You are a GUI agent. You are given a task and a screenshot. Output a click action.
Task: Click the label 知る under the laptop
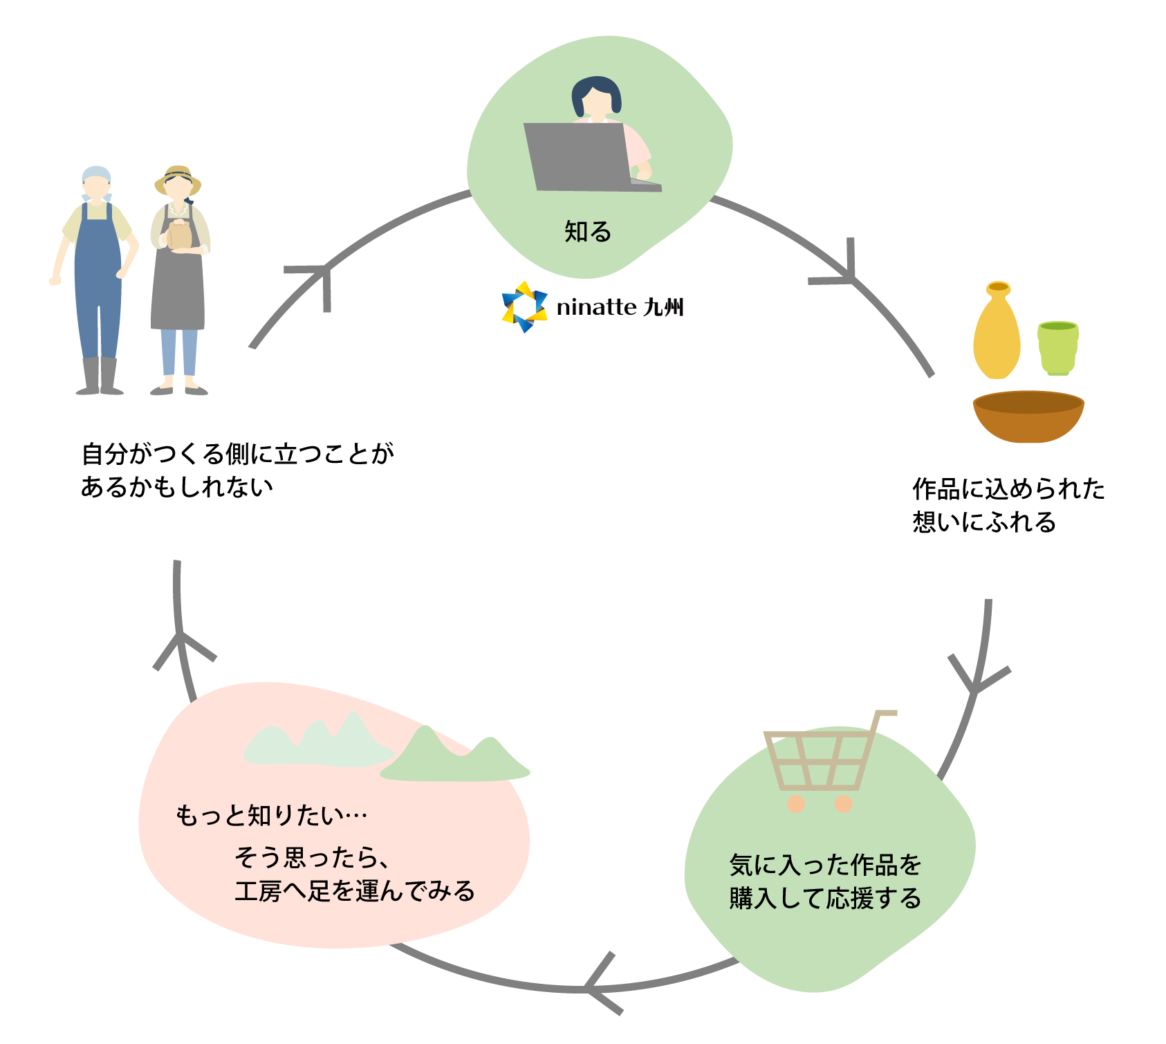(588, 232)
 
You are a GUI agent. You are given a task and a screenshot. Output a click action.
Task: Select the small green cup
(1057, 347)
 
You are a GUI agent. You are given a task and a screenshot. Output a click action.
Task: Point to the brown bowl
(1028, 416)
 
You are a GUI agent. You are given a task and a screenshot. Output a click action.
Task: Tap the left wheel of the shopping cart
(796, 804)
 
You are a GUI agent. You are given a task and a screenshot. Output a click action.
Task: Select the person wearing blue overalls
(97, 277)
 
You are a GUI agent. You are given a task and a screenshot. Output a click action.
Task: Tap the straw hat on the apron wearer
(178, 178)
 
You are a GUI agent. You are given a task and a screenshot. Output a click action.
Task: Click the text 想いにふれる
(984, 522)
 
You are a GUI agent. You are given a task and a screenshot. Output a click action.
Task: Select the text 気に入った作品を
(826, 865)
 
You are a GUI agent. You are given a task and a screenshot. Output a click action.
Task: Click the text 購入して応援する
(826, 899)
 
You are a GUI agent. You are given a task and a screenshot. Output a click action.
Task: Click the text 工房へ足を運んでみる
(355, 891)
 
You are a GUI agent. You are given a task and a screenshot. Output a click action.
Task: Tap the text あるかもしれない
(177, 487)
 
